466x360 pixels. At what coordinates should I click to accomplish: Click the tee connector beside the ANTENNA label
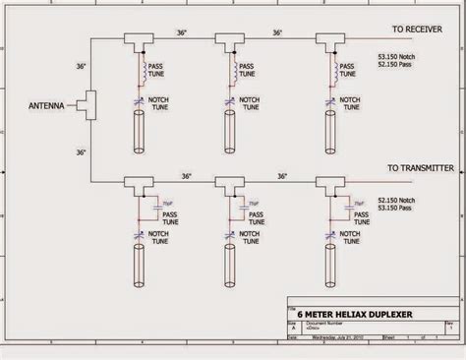(x=90, y=101)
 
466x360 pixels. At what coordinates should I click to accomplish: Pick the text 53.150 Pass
(x=396, y=208)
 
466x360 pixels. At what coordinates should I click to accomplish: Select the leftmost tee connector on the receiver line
(x=136, y=41)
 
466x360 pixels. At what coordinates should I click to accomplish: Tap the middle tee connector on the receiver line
(x=233, y=41)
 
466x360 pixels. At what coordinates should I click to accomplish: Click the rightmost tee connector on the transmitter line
(x=328, y=183)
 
